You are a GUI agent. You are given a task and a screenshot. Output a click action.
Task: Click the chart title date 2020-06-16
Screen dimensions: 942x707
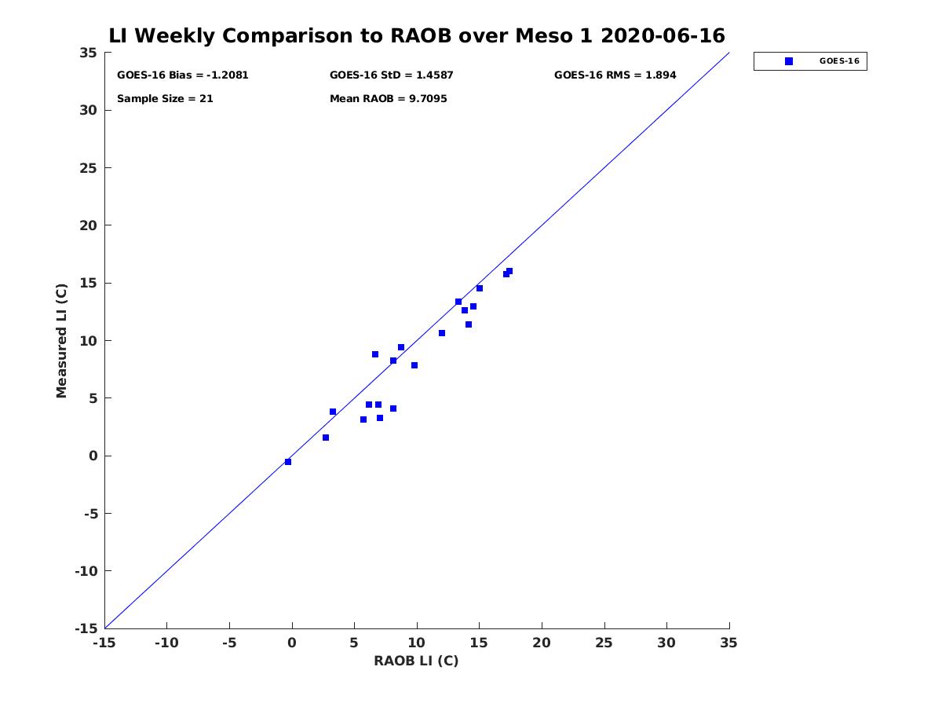pos(663,35)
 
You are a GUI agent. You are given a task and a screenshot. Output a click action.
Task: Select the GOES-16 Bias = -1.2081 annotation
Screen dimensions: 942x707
pos(182,75)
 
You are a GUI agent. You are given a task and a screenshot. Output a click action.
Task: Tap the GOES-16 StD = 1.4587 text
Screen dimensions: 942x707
pos(391,75)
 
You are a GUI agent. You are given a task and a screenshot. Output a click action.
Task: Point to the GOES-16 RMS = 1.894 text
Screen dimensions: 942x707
pos(615,75)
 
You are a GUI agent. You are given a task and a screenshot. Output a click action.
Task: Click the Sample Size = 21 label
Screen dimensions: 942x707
pos(165,99)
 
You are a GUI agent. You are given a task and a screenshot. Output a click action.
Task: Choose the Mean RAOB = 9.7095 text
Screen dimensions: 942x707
pos(388,99)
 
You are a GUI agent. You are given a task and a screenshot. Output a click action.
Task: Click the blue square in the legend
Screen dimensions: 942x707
pos(788,61)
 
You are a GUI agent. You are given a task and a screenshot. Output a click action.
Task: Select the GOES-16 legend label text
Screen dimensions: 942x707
pos(839,61)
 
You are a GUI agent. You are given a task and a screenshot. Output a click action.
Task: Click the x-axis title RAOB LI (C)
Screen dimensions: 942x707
pos(416,661)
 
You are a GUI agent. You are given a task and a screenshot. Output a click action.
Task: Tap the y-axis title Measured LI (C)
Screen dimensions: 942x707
pos(61,341)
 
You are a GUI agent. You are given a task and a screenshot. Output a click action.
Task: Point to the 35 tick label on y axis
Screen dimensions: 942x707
pos(88,53)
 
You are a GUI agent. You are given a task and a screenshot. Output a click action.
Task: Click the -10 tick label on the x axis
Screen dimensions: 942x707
pos(166,643)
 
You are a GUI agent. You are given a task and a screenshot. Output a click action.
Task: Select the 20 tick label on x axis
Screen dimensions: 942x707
pos(541,643)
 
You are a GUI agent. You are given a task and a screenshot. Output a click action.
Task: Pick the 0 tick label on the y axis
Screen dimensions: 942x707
pos(93,456)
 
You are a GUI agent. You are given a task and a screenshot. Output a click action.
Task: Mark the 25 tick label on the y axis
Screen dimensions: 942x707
pos(88,168)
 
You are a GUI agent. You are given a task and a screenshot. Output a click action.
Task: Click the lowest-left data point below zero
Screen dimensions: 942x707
pos(288,461)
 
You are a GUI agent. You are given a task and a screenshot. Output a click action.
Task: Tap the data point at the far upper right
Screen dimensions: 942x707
pos(509,271)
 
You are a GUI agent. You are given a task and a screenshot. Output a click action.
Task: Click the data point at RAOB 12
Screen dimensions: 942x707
pos(442,333)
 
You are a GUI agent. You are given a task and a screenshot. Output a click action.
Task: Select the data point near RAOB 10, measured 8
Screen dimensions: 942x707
pos(414,365)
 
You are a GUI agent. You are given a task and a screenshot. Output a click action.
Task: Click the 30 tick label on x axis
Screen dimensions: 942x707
pos(666,643)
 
